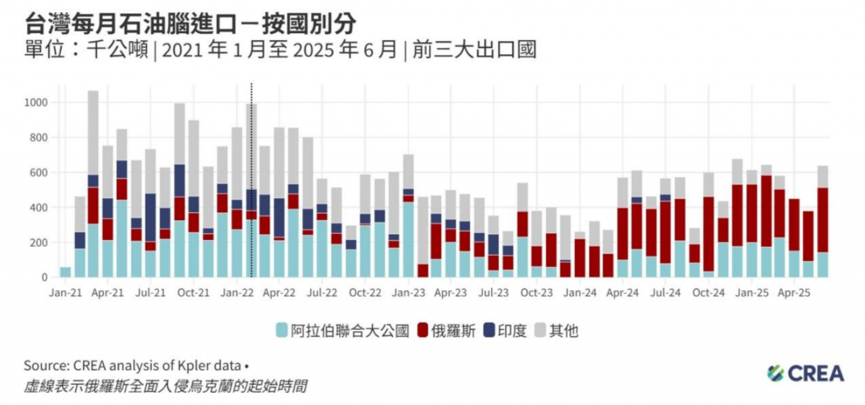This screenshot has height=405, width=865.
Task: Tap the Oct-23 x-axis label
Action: click(x=537, y=293)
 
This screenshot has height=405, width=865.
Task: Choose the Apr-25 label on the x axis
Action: click(x=795, y=293)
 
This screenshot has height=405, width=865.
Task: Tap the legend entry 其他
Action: click(x=557, y=331)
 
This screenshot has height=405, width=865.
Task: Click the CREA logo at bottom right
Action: click(x=806, y=373)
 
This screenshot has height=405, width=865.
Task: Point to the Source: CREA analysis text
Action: click(x=132, y=366)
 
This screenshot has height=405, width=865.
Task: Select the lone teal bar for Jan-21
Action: click(x=65, y=272)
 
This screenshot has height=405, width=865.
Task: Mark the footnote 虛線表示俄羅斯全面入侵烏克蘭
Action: click(x=166, y=387)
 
